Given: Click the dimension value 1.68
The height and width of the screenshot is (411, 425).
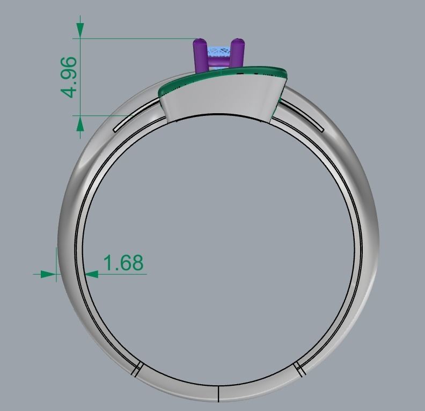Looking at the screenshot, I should tap(123, 263).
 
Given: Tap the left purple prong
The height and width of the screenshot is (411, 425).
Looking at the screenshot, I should tap(200, 56).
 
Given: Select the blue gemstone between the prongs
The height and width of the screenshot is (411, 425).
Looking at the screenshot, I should tap(218, 54).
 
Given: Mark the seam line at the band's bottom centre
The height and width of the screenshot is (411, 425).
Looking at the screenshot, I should tap(218, 393).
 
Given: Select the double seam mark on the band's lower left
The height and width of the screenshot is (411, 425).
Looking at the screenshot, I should tap(136, 369).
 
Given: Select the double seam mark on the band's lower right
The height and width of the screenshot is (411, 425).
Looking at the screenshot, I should tap(299, 369).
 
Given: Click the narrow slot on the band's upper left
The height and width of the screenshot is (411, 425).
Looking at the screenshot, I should tap(137, 121).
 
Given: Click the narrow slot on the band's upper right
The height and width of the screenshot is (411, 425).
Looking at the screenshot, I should tap(301, 119).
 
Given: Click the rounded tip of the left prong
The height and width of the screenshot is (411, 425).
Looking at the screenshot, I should tap(200, 41).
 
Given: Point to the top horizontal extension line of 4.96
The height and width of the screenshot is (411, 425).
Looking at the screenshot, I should tap(134, 38).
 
